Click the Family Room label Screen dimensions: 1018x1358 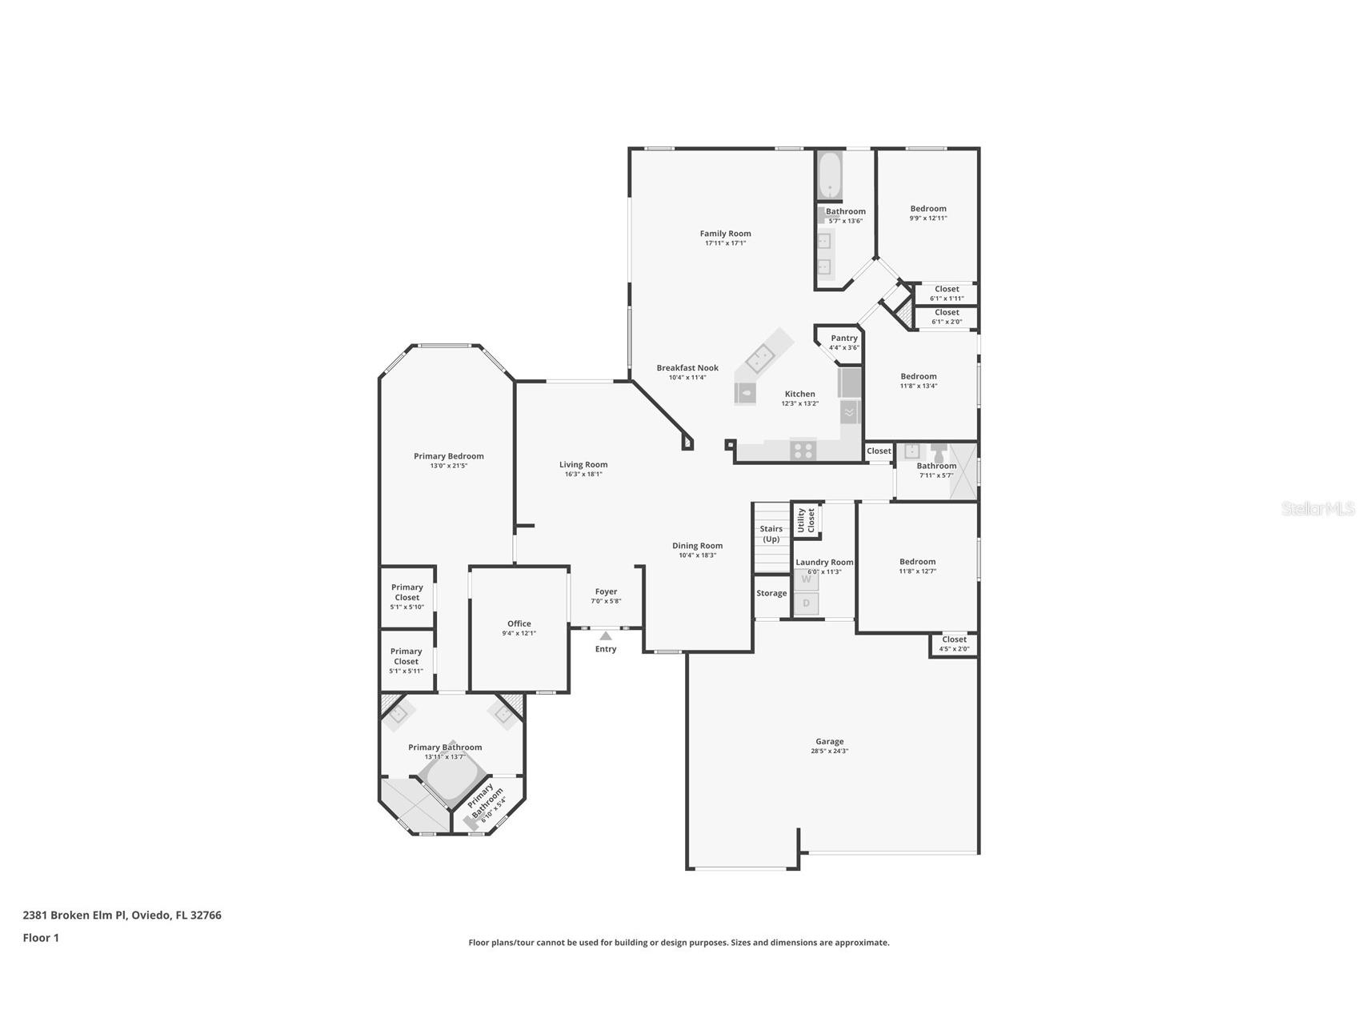tap(725, 234)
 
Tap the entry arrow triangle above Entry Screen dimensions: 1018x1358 tap(606, 635)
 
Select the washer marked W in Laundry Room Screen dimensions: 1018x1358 tap(807, 579)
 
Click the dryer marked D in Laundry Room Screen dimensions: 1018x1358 tap(807, 603)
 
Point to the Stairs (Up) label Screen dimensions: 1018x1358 tap(771, 534)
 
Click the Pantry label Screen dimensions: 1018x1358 tap(843, 339)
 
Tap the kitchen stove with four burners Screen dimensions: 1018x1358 tap(803, 451)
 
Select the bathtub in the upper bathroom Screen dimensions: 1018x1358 tap(829, 176)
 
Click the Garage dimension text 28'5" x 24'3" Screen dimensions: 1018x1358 tap(829, 751)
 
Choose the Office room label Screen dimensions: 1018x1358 tap(519, 623)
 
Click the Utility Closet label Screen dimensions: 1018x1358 tap(806, 520)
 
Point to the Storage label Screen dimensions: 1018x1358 tap(771, 594)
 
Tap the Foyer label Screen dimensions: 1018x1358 tap(606, 591)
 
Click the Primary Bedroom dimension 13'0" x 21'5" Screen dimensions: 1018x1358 tap(448, 466)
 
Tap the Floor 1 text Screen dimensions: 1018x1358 tap(41, 938)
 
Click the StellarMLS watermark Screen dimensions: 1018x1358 tap(1318, 508)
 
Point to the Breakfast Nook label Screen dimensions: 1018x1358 tap(687, 368)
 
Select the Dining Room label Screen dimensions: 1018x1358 tap(697, 546)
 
